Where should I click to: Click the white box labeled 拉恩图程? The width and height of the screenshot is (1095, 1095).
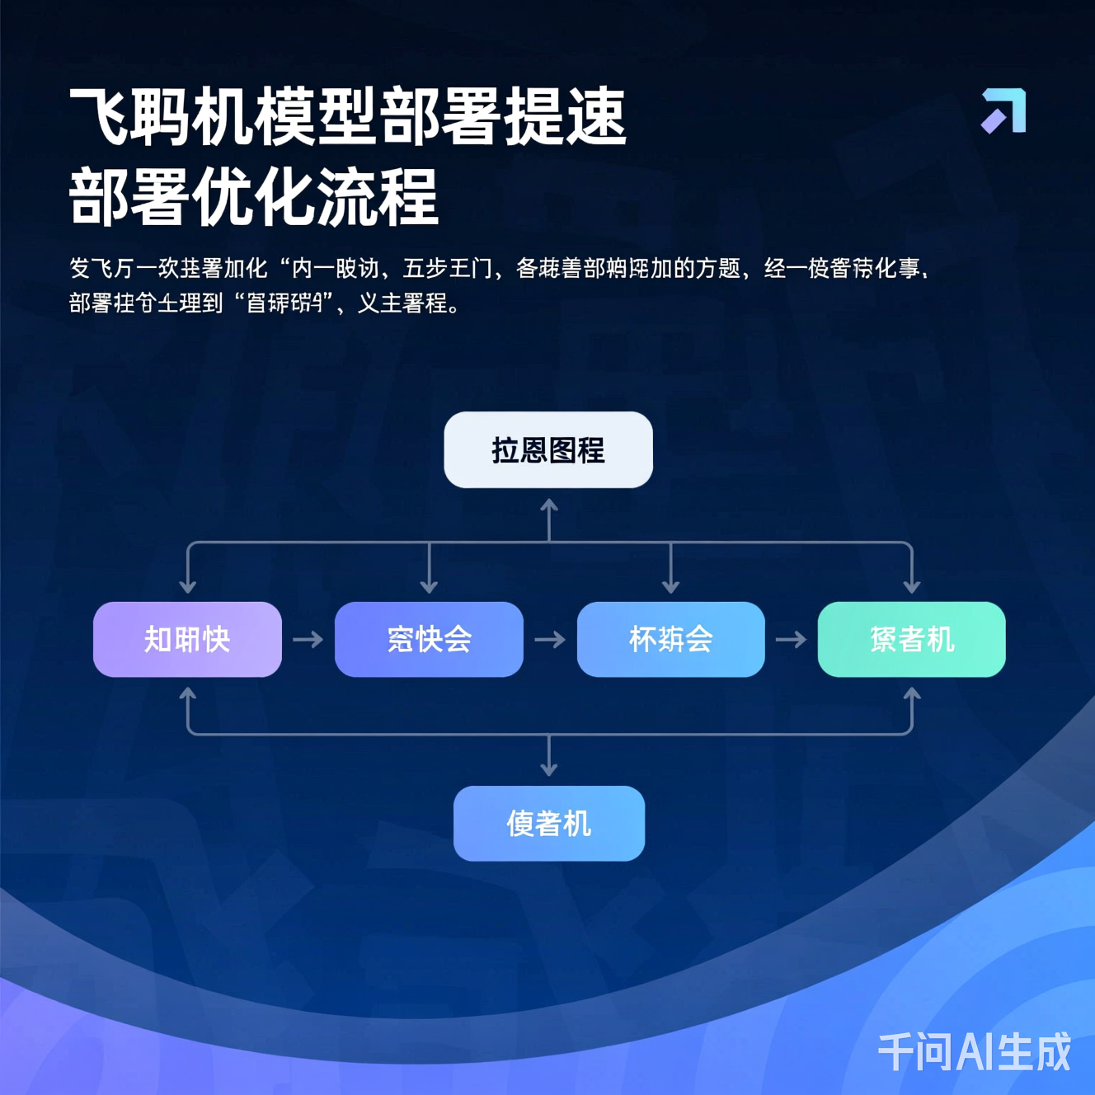[x=548, y=450]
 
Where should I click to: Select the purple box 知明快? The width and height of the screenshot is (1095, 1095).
[x=187, y=639]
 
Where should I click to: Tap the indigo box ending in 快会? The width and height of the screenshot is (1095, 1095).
[x=429, y=639]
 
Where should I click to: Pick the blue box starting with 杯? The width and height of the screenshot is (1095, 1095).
[x=670, y=639]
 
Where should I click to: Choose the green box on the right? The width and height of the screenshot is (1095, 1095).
[x=911, y=639]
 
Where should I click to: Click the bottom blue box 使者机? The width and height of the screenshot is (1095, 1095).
[x=549, y=823]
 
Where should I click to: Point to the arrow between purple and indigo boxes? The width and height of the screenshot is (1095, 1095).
[x=308, y=639]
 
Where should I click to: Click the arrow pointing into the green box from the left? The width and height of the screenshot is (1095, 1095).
[x=791, y=639]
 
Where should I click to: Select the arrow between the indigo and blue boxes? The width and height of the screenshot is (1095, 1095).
[x=550, y=639]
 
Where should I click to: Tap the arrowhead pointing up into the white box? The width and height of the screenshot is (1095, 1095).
[x=549, y=505]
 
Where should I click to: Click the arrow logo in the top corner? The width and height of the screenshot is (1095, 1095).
[x=1003, y=110]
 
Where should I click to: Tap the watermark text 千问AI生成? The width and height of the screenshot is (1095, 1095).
[x=974, y=1052]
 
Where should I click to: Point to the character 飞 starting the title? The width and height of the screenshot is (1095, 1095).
[x=99, y=116]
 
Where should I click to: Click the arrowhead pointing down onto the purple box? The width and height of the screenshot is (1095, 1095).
[x=188, y=587]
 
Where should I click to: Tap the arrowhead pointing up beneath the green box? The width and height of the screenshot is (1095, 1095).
[x=911, y=694]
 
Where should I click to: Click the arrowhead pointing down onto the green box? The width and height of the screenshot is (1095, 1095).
[x=911, y=587]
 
